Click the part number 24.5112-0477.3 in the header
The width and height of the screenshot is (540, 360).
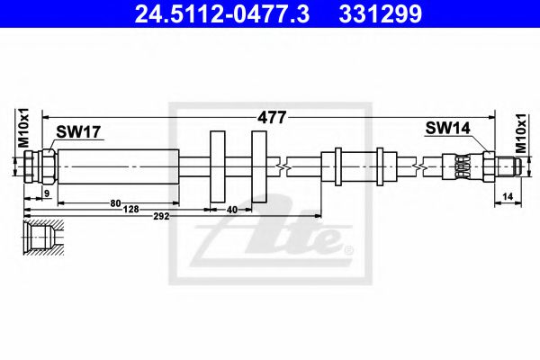point(222,13)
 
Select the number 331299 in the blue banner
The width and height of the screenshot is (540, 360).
point(380,13)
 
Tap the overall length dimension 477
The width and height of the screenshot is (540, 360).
point(272,118)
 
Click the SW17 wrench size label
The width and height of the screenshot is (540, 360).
point(78,131)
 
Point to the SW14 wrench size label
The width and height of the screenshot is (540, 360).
point(447,129)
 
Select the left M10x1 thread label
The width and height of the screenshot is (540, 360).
point(24,128)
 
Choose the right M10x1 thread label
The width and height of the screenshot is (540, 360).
point(521,134)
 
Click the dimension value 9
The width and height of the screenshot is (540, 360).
point(47,193)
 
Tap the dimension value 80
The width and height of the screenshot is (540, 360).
point(115,203)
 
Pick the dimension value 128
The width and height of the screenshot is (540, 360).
point(130,209)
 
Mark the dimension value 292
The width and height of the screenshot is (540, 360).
point(161,216)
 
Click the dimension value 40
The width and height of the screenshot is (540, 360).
point(232,210)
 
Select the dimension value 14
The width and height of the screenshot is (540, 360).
point(508,197)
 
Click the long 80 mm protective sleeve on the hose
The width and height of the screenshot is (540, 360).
point(119,166)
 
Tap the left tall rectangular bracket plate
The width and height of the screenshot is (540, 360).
point(218,166)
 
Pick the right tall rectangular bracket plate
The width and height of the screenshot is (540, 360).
point(259,166)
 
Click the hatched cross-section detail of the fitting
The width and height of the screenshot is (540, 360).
point(44,238)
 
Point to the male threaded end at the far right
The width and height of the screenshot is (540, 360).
point(508,166)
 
